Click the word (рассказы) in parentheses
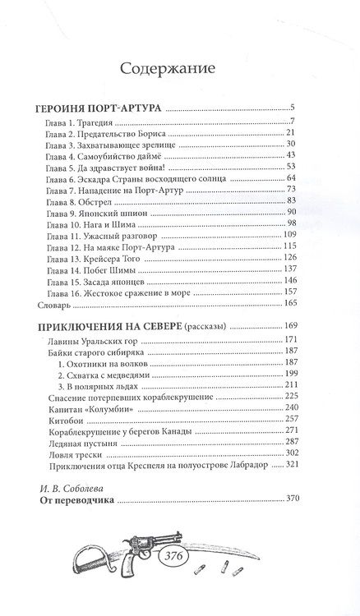click(x=207, y=327)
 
